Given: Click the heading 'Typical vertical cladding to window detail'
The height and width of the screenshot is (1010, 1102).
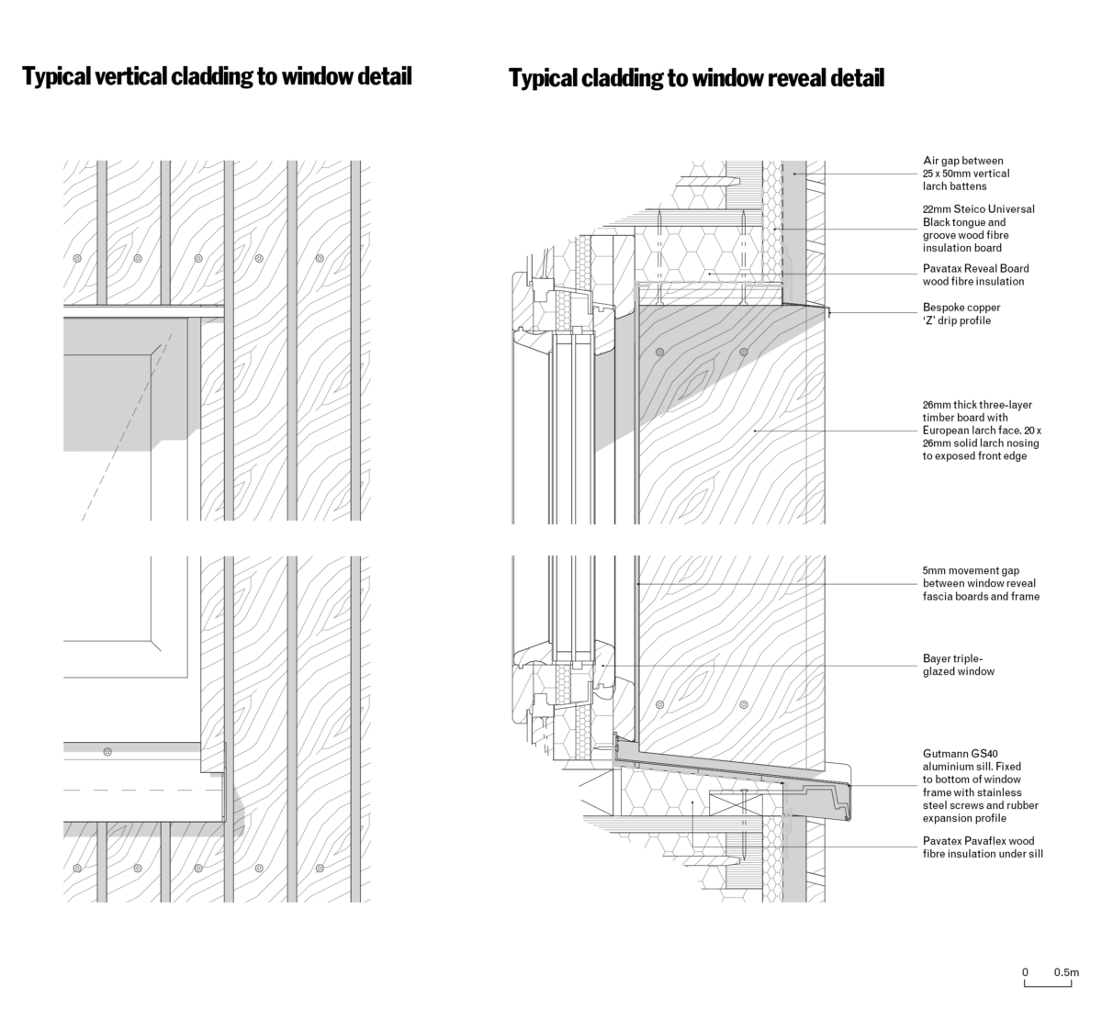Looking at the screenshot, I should click(217, 76).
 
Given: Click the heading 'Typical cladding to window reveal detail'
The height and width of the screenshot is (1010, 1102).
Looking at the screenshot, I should click(696, 78).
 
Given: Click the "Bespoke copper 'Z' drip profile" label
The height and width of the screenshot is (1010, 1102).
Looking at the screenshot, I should click(961, 314).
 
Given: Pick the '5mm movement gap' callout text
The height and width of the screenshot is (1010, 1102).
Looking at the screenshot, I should click(981, 583).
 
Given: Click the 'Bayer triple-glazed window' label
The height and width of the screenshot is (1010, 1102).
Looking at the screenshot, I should click(959, 665).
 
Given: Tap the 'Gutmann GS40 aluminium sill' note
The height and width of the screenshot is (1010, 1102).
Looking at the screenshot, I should click(981, 785).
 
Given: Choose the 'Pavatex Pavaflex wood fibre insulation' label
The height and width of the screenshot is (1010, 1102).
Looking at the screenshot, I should click(983, 847).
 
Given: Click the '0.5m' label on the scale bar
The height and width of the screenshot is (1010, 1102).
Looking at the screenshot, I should click(1066, 971).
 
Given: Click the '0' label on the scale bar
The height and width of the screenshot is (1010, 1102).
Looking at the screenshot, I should click(1025, 971).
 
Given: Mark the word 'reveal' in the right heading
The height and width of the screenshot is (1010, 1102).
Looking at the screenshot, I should click(796, 78).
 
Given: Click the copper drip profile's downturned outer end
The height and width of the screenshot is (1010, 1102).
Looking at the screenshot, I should click(829, 314).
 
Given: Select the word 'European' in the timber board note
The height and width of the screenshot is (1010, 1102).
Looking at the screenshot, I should click(948, 430).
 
